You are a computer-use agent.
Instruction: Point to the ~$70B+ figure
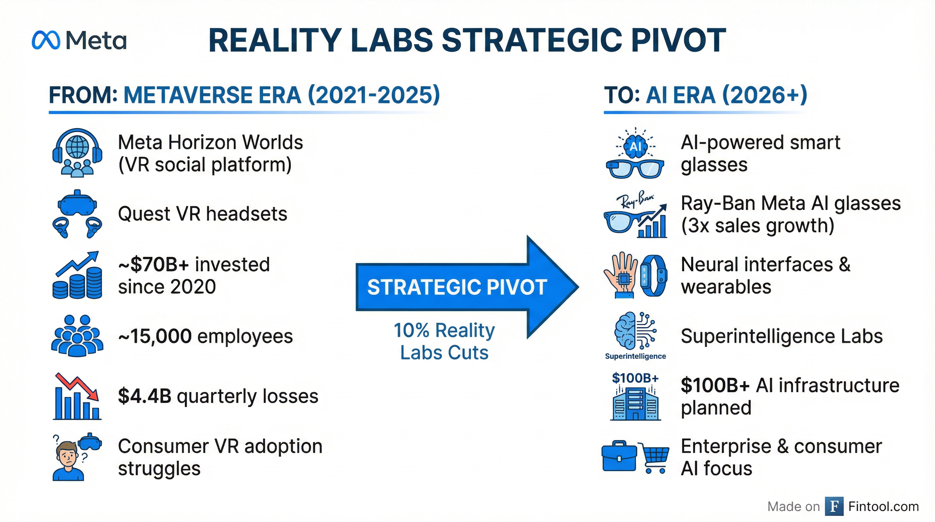154,264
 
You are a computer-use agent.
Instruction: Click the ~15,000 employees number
155,336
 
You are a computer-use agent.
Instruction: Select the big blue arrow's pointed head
552,287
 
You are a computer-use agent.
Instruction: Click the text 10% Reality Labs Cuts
444,341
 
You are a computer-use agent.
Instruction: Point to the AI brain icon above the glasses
635,145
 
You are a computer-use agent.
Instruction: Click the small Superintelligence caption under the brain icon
635,356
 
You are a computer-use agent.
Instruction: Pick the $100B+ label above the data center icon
635,378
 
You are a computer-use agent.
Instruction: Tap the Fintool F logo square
834,506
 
